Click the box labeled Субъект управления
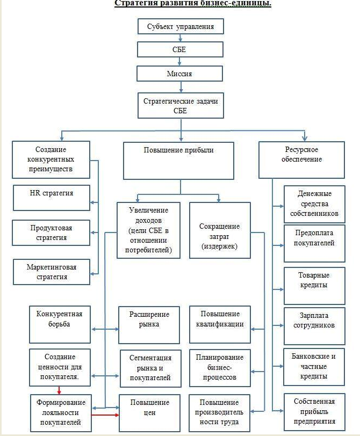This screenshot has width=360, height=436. pyautogui.click(x=180, y=26)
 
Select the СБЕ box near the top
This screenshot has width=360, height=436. pyautogui.click(x=180, y=49)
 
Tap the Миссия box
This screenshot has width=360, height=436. pyautogui.click(x=180, y=73)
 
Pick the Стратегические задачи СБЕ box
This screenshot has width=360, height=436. pyautogui.click(x=180, y=105)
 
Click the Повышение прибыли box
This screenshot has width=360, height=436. pyautogui.click(x=178, y=160)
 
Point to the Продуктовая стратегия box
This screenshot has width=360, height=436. pyautogui.click(x=51, y=232)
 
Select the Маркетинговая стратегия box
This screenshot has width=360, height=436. pyautogui.click(x=51, y=272)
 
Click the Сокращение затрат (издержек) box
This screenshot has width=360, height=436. pyautogui.click(x=219, y=236)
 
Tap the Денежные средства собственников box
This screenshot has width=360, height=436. pyautogui.click(x=314, y=204)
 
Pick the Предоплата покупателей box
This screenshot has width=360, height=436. pyautogui.click(x=314, y=238)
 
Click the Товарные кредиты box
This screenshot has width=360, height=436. pyautogui.click(x=314, y=280)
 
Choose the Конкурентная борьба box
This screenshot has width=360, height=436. pyautogui.click(x=60, y=324)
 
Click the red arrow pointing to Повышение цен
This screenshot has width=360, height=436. pyautogui.click(x=105, y=415)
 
